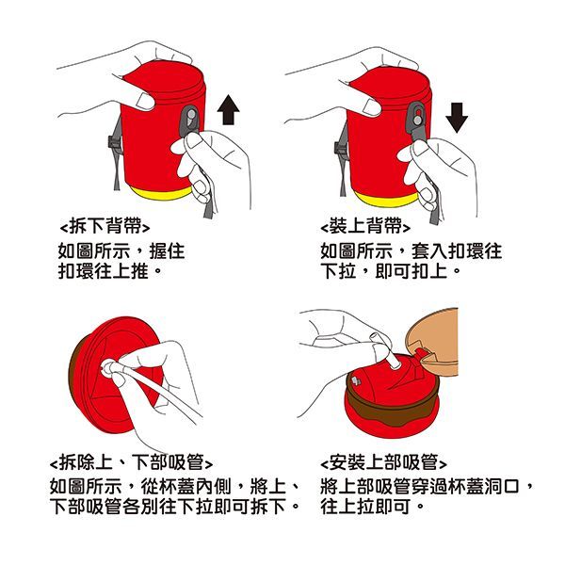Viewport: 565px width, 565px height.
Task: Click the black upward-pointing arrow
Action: [x=228, y=108]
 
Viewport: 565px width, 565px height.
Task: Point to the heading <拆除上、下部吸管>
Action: [x=131, y=462]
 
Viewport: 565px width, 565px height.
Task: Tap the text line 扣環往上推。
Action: [x=111, y=273]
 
